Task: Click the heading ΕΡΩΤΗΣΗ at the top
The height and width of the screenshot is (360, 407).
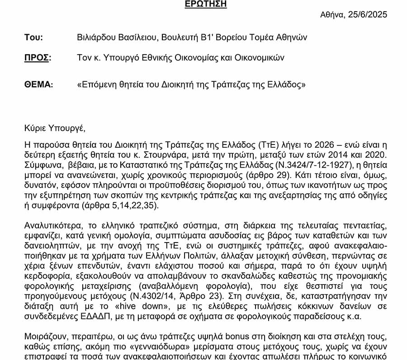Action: pos(206,5)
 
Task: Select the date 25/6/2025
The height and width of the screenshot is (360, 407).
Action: pos(367,14)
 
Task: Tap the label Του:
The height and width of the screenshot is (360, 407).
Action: pos(33,37)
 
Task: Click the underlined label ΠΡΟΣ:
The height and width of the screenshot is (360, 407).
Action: pos(38,58)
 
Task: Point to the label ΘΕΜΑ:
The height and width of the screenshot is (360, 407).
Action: pos(39,84)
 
